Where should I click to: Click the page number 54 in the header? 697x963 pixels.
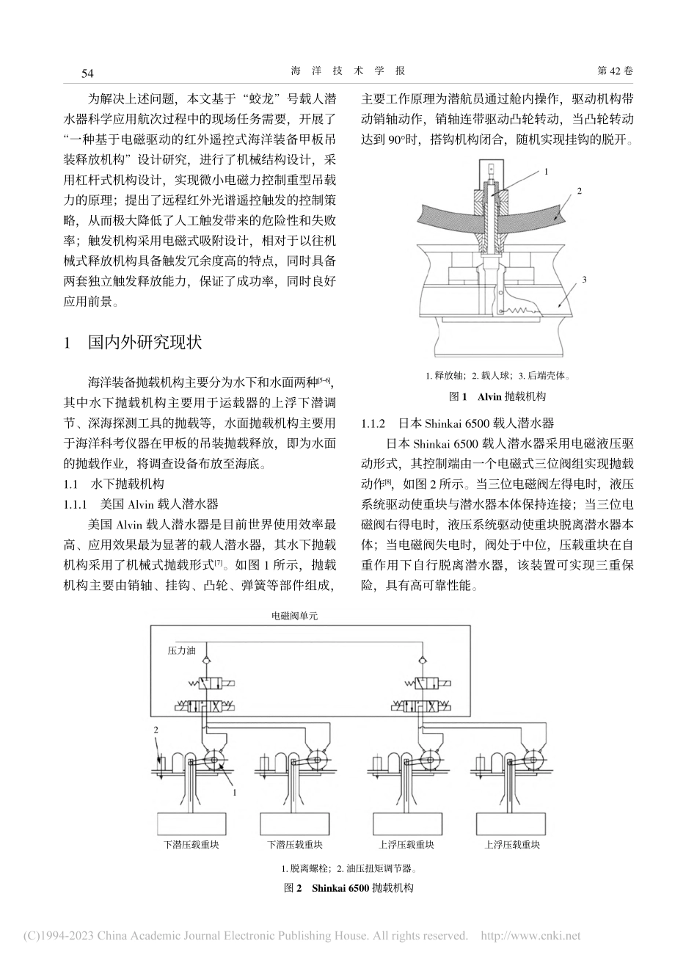87,72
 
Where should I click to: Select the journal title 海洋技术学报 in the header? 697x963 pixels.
348,71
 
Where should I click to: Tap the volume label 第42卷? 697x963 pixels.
616,71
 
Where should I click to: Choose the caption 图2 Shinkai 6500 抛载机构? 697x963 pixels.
349,887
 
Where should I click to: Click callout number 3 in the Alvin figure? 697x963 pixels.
585,279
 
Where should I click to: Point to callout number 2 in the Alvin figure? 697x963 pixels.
579,192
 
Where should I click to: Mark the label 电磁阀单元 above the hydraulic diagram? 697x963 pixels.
296,616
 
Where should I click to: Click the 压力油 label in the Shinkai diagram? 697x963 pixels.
181,650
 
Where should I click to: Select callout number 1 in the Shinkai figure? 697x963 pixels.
234,793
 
